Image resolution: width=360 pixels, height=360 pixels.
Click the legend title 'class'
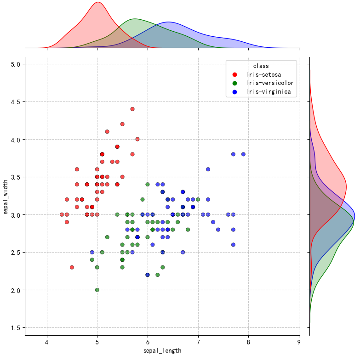pos(261,66)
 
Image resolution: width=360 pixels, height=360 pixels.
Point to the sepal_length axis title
pos(162,351)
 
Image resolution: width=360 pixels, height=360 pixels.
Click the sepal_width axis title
pos(6,196)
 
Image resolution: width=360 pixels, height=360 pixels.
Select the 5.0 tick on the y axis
pos(15,64)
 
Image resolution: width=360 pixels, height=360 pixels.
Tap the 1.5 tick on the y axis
pos(15,328)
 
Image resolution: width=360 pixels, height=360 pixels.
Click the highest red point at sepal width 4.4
pos(132,109)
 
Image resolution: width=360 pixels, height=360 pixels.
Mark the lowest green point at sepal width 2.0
pos(97,290)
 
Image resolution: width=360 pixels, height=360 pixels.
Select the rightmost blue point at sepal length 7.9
pos(243,154)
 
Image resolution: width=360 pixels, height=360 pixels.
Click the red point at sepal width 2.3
pos(72,267)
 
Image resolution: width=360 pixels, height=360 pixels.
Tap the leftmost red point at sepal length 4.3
pos(62,214)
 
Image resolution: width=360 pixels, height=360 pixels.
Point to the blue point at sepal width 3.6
pos(208,169)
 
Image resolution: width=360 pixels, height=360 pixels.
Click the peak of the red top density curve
pos(97,2)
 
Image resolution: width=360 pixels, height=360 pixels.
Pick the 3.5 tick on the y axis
pos(15,177)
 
